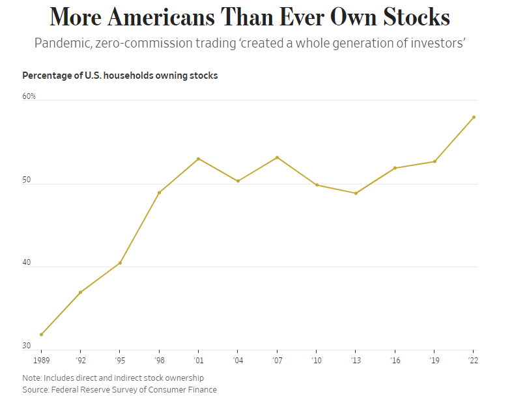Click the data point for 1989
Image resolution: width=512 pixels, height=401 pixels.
(x=42, y=335)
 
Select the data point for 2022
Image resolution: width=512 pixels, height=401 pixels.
(x=474, y=117)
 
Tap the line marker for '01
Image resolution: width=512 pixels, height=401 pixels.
(x=198, y=159)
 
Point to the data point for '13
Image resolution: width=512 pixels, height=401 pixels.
(x=356, y=193)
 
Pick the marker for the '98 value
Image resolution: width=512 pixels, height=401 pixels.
(x=159, y=193)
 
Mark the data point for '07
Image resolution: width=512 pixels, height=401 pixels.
(x=277, y=158)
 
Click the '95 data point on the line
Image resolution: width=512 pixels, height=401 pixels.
(x=120, y=263)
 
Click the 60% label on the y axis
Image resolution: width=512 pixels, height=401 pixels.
(x=29, y=96)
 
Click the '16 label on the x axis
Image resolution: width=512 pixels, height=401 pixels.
(x=395, y=359)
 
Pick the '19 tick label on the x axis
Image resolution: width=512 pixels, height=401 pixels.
(x=434, y=359)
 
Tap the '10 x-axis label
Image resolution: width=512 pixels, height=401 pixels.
(x=316, y=359)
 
